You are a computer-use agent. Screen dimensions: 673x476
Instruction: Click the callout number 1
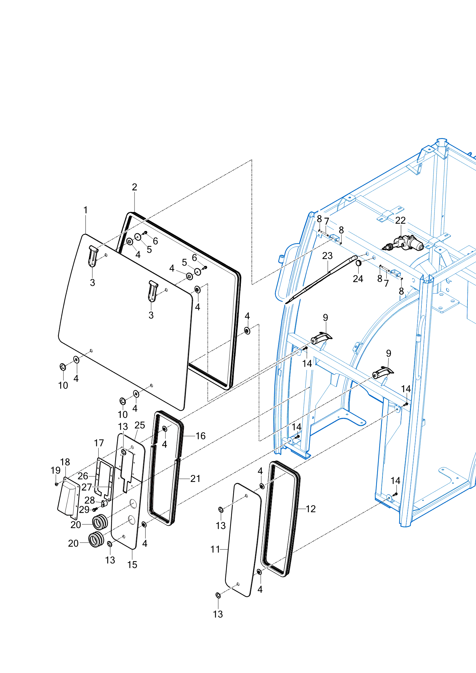(x=85, y=210)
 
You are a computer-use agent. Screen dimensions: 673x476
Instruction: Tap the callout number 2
(x=135, y=187)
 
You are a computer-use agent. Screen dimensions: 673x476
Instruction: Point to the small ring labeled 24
(x=359, y=263)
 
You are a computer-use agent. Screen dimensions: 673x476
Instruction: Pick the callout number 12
(x=311, y=509)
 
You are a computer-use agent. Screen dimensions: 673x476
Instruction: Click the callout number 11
(x=215, y=549)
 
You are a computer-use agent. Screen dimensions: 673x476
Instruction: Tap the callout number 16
(x=201, y=436)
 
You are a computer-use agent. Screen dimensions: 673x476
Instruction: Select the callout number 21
(x=195, y=478)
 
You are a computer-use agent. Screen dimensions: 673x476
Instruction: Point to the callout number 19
(x=56, y=470)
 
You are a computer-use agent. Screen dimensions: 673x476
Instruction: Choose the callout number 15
(x=132, y=564)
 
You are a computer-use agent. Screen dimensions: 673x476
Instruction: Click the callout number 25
(x=140, y=425)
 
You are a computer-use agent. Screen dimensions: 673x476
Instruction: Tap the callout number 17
(x=99, y=443)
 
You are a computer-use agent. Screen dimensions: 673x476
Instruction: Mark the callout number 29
(x=84, y=510)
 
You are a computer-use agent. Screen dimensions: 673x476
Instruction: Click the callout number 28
(x=89, y=500)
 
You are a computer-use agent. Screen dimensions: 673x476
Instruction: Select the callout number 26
(x=83, y=476)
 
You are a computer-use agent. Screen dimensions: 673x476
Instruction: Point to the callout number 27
(x=87, y=487)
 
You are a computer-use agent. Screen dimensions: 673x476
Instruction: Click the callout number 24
(x=358, y=279)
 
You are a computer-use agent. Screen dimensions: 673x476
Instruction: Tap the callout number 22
(x=400, y=220)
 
